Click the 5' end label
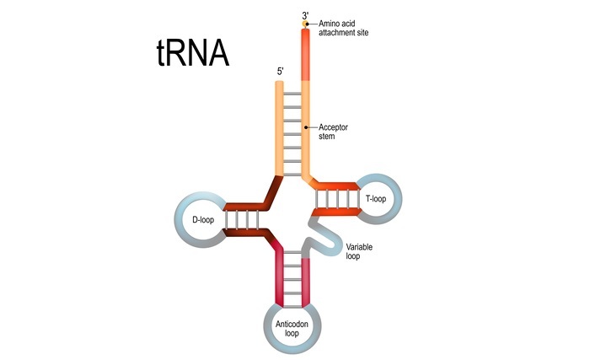coord(280,72)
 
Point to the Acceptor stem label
coord(334,132)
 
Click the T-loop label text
coord(375,198)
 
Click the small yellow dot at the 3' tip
coord(306,24)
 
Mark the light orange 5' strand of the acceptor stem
coord(281,126)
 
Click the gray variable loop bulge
coord(329,239)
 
